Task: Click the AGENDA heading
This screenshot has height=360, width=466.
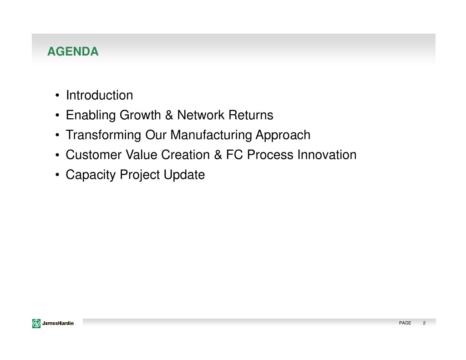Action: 73,51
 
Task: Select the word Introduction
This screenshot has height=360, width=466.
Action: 99,95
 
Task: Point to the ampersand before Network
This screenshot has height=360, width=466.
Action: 169,115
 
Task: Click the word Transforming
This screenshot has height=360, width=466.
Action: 103,135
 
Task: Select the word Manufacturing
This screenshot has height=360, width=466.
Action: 211,135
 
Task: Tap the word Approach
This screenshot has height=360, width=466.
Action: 283,135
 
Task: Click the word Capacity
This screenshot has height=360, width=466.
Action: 91,175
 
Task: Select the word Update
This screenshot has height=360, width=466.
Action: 184,175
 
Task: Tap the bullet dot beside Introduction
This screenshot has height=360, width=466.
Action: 57,96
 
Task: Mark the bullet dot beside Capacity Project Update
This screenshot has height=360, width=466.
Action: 57,175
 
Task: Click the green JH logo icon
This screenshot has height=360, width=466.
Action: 36,323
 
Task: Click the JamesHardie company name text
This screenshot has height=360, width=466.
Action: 58,323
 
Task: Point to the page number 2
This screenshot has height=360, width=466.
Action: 424,323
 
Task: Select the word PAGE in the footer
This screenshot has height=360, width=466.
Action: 405,323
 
